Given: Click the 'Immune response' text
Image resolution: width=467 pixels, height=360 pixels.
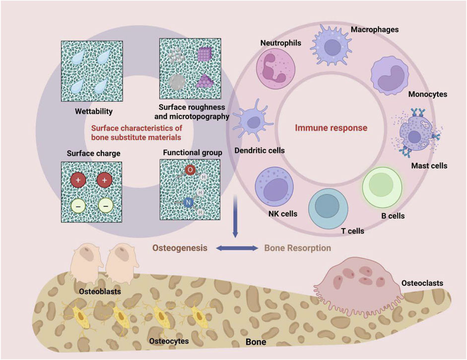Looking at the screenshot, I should click(x=331, y=128).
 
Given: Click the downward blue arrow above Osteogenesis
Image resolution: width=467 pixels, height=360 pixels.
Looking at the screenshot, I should click(x=236, y=218).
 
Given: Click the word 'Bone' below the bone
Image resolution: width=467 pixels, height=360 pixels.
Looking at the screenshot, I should click(x=256, y=343).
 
